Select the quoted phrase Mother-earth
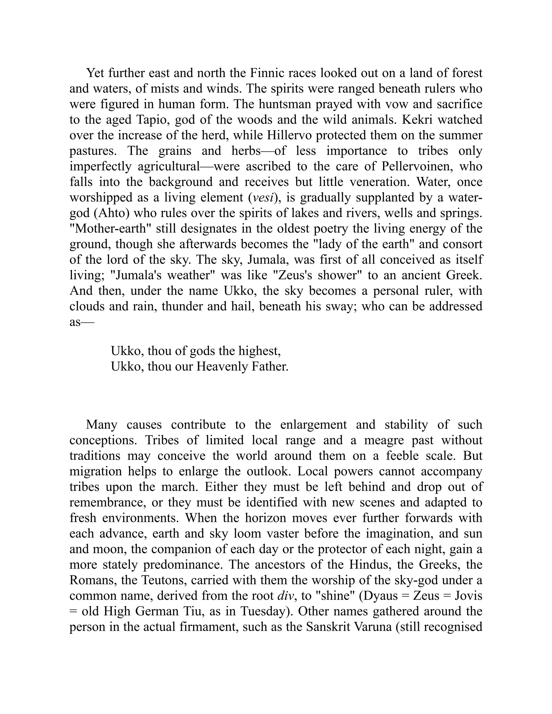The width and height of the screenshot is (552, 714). [111, 228]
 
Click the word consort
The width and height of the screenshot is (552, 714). [461, 244]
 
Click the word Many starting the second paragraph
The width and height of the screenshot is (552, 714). [101, 425]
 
